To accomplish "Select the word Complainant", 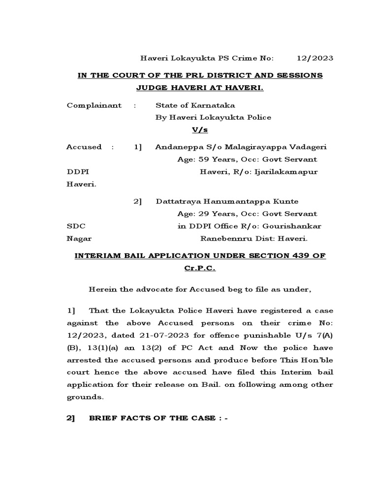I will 94,105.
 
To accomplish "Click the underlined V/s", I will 199,129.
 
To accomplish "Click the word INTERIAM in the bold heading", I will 97,256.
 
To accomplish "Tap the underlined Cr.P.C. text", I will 199,269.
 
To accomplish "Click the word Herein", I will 102,289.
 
